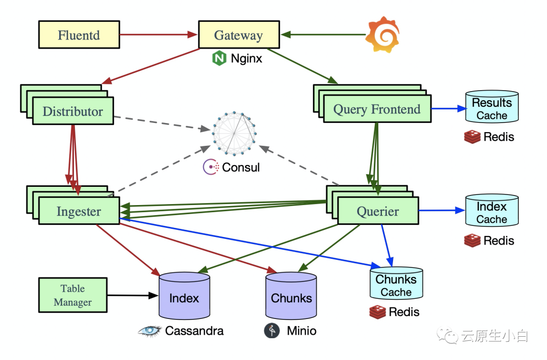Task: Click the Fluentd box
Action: click(x=79, y=35)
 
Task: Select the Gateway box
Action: click(x=239, y=35)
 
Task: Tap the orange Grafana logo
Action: click(x=382, y=34)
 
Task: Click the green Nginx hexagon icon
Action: click(x=219, y=59)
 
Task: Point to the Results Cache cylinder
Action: click(x=492, y=107)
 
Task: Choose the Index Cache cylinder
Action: click(x=492, y=211)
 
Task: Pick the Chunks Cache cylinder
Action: click(x=396, y=284)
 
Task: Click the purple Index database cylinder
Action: click(x=184, y=298)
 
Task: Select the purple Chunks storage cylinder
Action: click(x=291, y=298)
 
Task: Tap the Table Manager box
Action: click(x=73, y=295)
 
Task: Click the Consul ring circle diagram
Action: click(x=233, y=133)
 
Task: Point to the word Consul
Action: click(x=241, y=168)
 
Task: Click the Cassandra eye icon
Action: click(x=150, y=331)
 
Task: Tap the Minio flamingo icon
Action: click(x=272, y=331)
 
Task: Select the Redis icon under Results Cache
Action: click(x=472, y=137)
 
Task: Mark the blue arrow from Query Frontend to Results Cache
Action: click(x=448, y=108)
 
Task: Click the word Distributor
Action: click(x=72, y=112)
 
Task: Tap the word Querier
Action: click(x=378, y=212)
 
